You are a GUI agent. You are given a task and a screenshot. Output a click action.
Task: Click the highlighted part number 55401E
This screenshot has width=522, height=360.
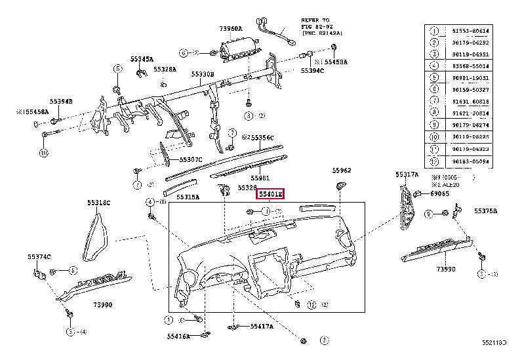pos(270,195)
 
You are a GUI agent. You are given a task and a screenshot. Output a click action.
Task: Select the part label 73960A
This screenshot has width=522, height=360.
pos(230,29)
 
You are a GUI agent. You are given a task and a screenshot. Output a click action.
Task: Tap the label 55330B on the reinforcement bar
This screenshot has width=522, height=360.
pos(203,75)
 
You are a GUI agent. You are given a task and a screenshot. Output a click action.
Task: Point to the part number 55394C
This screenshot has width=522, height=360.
pos(312,70)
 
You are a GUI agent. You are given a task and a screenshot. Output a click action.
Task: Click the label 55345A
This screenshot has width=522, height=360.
pos(141,59)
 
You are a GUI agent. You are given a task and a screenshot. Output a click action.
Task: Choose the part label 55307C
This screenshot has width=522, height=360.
pos(190,159)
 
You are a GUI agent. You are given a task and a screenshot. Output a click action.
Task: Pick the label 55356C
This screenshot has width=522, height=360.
pos(258,138)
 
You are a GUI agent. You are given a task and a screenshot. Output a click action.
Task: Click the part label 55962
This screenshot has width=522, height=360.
pos(341,170)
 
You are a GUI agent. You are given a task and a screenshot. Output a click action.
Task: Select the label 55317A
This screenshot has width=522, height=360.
pos(407,175)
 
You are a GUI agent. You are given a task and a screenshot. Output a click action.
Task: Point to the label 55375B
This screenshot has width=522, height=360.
pos(486,210)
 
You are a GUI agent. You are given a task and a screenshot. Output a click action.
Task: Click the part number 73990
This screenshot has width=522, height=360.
pos(446,269)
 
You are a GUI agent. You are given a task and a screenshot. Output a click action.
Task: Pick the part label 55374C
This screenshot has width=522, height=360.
pos(39,256)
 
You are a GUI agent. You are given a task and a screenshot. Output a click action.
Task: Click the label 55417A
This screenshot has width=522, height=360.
pos(262,326)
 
